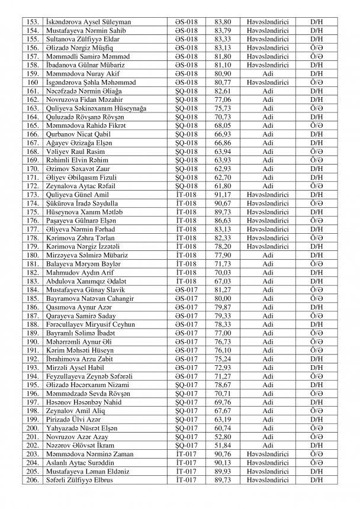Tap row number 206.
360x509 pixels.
click(33, 480)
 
